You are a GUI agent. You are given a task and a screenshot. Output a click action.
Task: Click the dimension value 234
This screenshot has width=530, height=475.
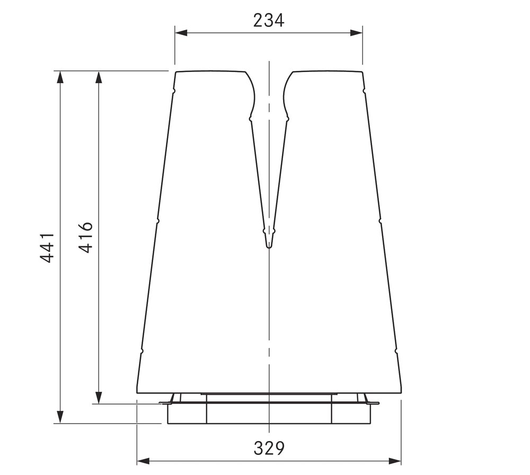pos(269,20)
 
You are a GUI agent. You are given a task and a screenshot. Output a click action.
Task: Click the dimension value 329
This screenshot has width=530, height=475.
pos(269,449)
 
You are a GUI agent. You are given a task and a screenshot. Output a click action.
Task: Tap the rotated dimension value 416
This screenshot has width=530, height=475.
pos(85,237)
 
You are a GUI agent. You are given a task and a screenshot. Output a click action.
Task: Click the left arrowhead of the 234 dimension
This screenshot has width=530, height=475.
pos(181,33)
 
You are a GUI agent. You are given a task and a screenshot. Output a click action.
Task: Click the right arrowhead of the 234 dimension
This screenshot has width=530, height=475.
pos(356,33)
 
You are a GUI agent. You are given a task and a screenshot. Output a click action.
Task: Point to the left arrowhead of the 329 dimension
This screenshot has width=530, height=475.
pos(143,461)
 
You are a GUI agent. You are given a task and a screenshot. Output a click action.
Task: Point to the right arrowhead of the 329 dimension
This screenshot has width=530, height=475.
pos(395,461)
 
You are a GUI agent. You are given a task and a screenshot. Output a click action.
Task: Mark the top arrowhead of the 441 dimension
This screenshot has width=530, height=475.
pos(60,77)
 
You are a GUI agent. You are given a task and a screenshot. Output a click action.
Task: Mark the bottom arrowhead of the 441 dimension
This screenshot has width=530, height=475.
pos(60,417)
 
